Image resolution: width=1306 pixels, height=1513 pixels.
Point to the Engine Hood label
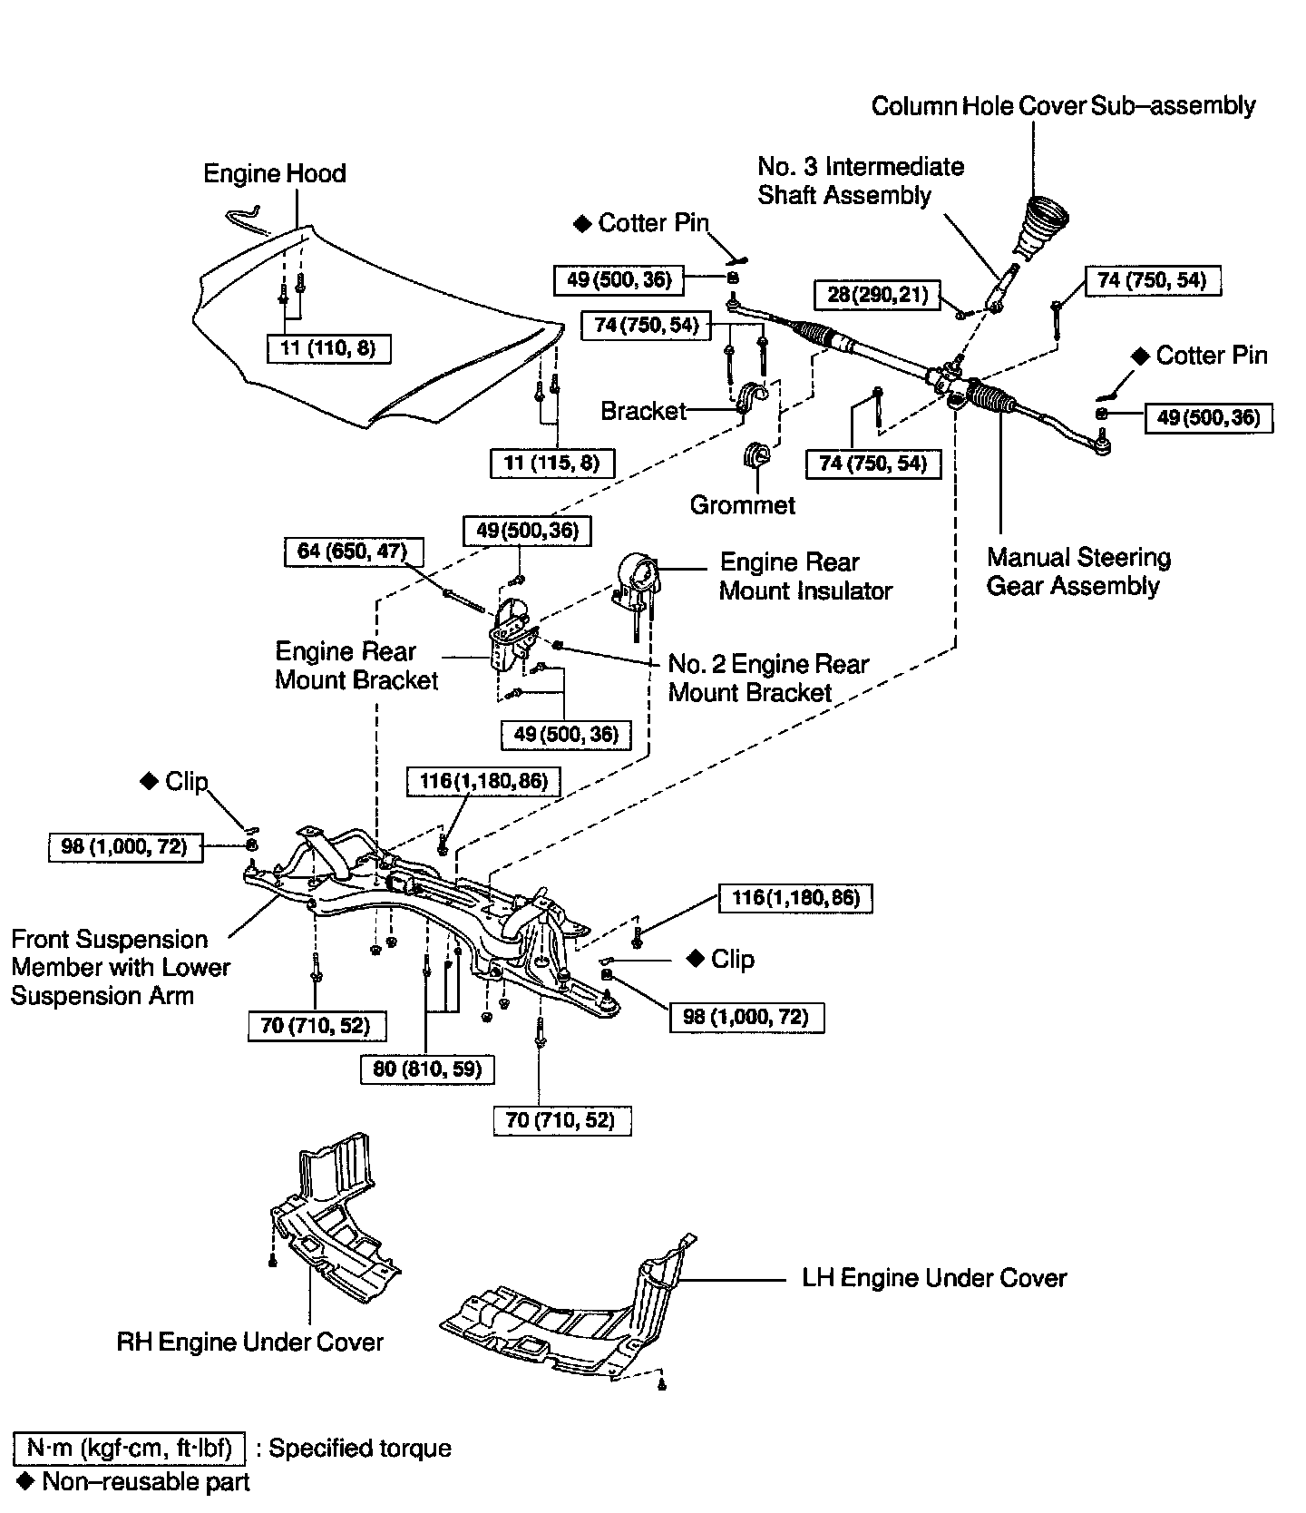274,173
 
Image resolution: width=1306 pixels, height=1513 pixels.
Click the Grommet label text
742,505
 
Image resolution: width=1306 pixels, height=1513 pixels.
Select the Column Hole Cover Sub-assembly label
1063,106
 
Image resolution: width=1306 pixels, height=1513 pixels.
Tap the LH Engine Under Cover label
934,1278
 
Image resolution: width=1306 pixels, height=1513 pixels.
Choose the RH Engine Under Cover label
250,1342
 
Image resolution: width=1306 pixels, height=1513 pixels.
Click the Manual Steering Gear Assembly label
1077,571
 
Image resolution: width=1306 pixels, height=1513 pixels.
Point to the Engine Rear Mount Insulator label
805,576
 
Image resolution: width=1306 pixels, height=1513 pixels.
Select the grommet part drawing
755,455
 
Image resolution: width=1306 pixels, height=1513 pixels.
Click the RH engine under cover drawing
336,1215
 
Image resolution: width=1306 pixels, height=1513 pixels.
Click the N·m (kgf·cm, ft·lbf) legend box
129,1448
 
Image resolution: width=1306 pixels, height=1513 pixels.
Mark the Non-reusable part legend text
145,1482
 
